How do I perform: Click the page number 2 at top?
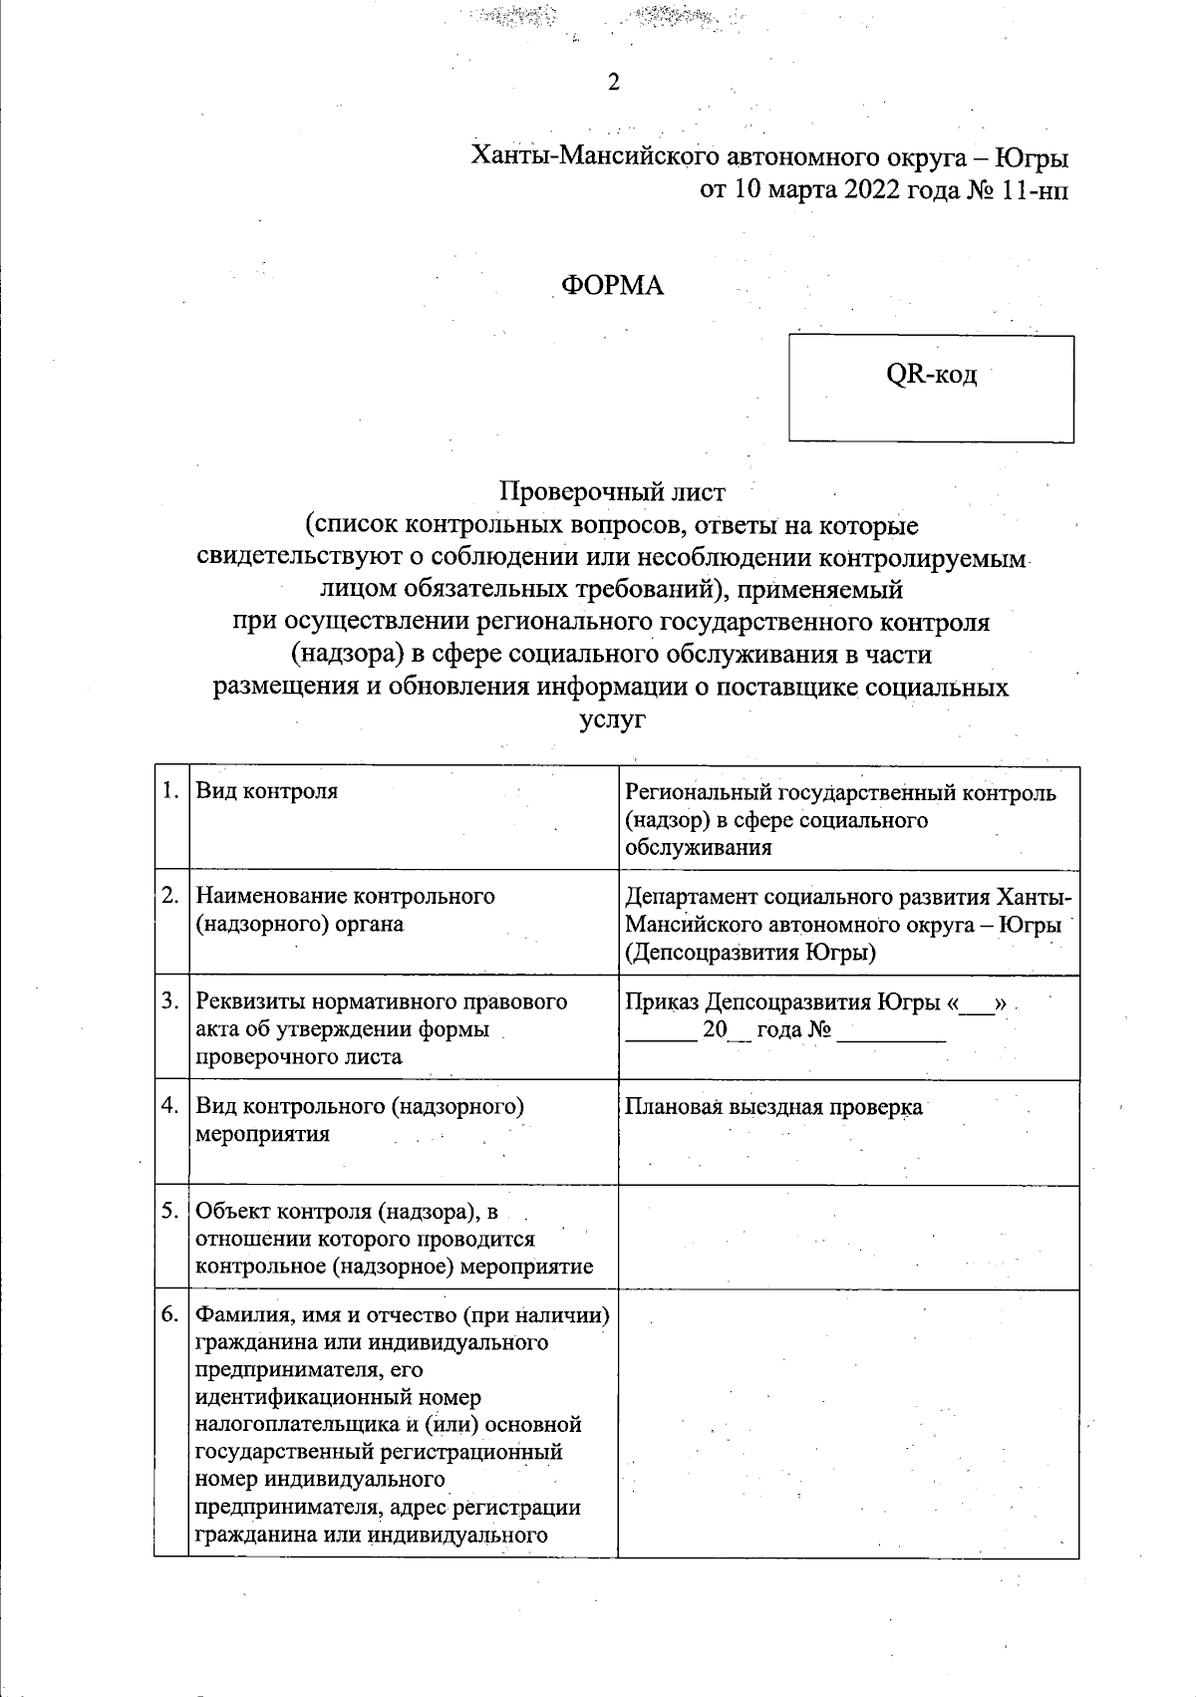(x=614, y=83)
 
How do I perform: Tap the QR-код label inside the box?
(x=932, y=376)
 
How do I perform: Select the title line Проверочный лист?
(x=613, y=491)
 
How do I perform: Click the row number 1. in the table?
(x=171, y=791)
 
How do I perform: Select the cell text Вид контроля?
(x=266, y=791)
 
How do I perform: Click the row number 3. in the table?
(x=171, y=1000)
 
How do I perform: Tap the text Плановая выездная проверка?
(x=773, y=1107)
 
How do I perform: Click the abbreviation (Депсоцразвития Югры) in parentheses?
(x=750, y=953)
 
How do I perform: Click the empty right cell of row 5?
(x=848, y=1238)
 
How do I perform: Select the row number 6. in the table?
(x=171, y=1315)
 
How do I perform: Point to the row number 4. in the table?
(x=171, y=1106)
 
